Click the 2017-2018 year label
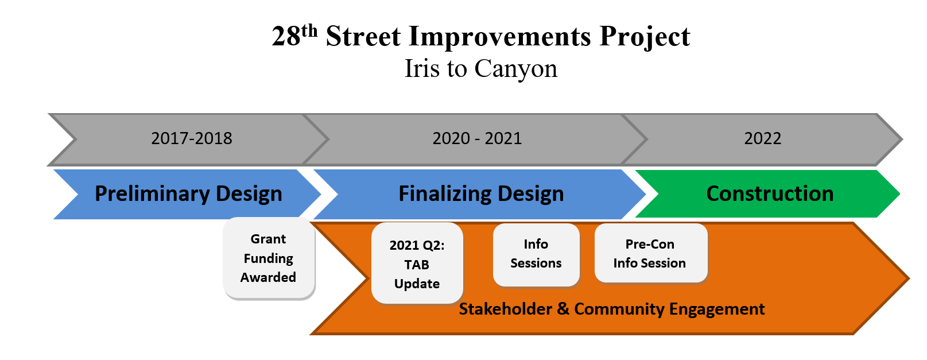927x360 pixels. pos(192,138)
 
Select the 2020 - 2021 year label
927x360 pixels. pos(477,138)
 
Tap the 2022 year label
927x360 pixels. pos(763,138)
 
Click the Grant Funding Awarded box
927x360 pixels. pos(269,258)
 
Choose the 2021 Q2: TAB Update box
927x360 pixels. pos(417,263)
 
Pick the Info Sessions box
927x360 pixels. pos(536,254)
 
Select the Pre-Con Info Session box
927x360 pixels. pos(650,253)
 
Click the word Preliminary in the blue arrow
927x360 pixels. pos(152,193)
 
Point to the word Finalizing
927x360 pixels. pos(445,193)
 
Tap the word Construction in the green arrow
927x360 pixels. pos(770,193)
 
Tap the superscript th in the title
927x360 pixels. pos(309,30)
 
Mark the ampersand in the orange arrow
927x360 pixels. pos(563,309)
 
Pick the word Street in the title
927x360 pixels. pos(363,36)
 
